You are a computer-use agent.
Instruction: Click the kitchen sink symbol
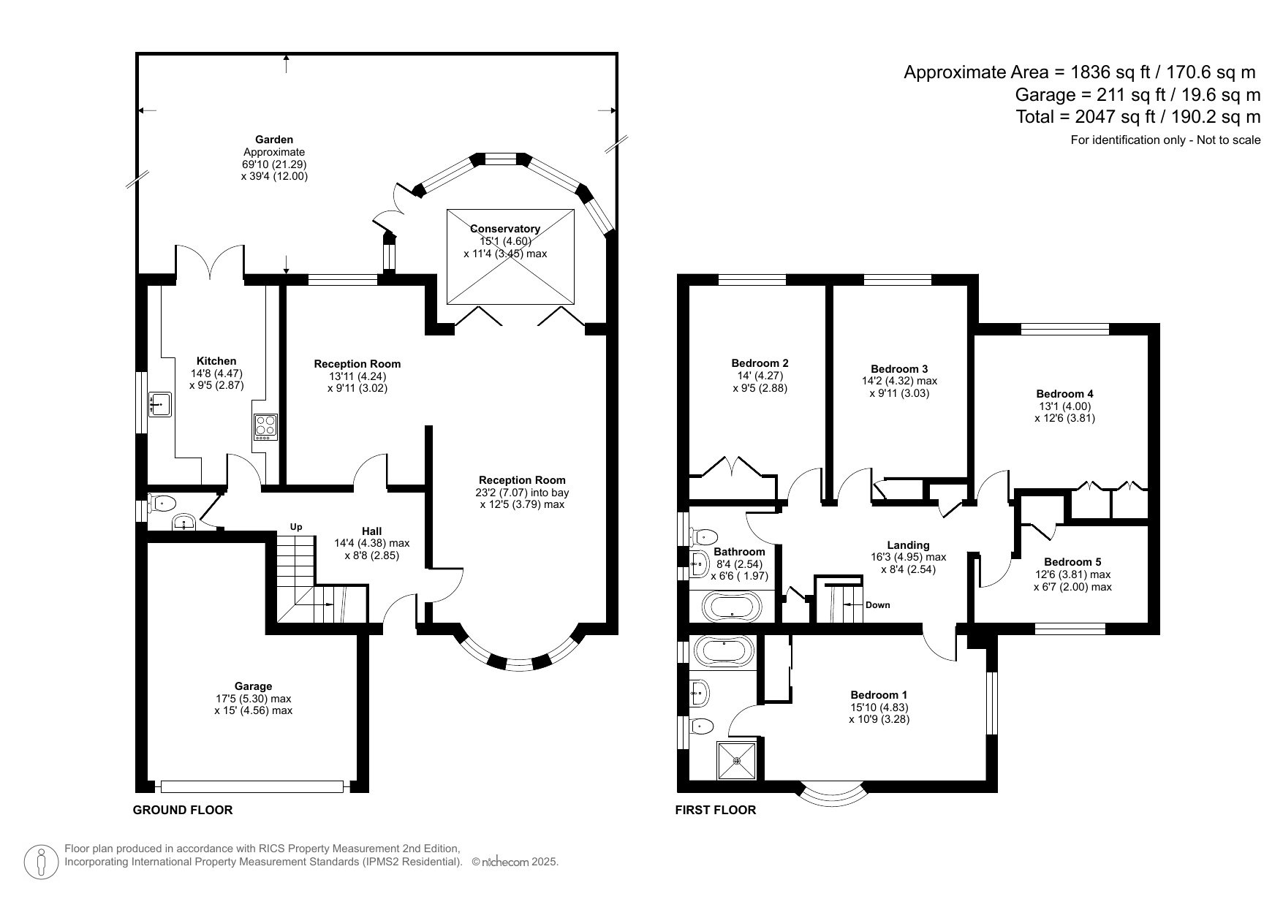[x=160, y=403]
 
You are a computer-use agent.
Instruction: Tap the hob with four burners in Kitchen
[x=265, y=425]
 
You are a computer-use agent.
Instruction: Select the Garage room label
[x=253, y=686]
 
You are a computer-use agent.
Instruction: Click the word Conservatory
[x=504, y=229]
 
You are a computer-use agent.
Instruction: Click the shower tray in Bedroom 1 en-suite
[x=737, y=761]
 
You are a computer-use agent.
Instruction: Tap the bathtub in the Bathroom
[x=732, y=606]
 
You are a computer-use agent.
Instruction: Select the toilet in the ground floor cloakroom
[x=162, y=503]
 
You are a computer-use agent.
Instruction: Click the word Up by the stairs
[x=296, y=527]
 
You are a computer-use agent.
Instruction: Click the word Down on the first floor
[x=877, y=604]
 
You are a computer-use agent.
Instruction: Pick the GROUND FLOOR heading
[x=183, y=810]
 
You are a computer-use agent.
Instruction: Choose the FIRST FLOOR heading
[x=715, y=810]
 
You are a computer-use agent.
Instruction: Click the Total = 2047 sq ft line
[x=1138, y=116]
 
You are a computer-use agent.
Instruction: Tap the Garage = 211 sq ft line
[x=1138, y=94]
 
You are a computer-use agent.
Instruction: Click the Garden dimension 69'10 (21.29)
[x=274, y=164]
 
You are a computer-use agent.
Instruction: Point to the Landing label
[x=908, y=545]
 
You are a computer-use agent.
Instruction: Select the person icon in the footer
[x=41, y=862]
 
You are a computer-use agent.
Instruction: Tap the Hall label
[x=371, y=531]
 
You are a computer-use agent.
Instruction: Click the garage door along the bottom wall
[x=252, y=786]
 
